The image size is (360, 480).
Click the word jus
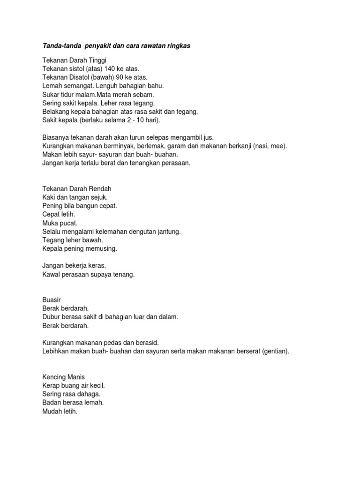(209, 137)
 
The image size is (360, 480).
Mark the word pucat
(68, 223)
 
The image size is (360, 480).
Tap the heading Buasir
(52, 300)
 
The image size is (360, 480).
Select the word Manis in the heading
(77, 377)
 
